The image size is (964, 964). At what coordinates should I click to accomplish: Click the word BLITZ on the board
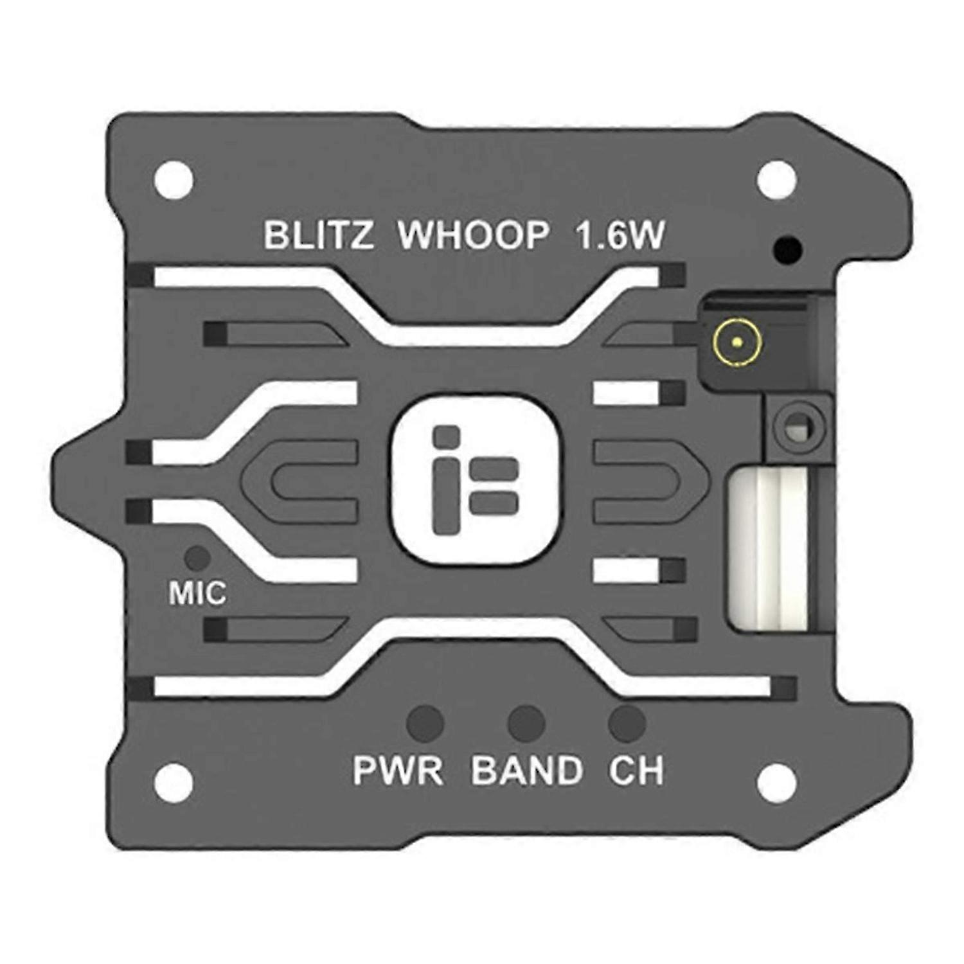point(318,235)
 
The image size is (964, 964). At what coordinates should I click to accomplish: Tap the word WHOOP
point(474,235)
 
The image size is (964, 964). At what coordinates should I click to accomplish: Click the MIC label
point(197,593)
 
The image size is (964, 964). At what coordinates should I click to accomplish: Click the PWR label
point(398,770)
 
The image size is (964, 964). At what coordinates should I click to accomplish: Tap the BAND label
point(527,770)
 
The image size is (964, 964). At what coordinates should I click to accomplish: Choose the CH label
point(636,770)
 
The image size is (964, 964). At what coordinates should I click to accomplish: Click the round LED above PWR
point(425,723)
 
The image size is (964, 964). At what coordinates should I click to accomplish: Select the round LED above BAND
point(526,723)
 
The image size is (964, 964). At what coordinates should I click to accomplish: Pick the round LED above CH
point(627,723)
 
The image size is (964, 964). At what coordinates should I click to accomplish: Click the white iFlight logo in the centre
point(475,479)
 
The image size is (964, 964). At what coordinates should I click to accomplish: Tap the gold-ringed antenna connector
point(737,342)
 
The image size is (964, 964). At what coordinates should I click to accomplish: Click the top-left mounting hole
point(174,180)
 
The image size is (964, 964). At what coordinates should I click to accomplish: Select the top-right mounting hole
point(776,180)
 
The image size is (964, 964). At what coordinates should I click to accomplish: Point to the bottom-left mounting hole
point(174,783)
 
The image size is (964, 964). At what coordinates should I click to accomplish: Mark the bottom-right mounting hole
point(776,783)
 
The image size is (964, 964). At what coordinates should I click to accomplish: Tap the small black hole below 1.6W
point(789,249)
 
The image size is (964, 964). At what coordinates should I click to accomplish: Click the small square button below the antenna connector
point(798,427)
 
